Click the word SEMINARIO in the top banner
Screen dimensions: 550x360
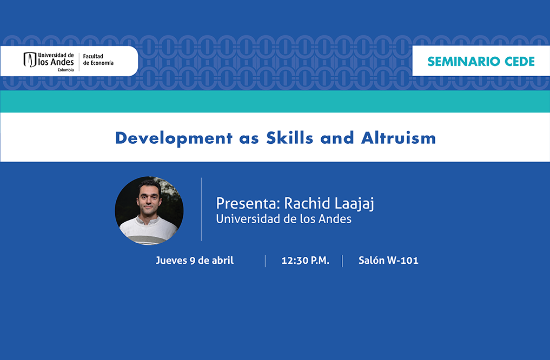(x=463, y=61)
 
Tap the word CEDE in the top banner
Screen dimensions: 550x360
(x=520, y=61)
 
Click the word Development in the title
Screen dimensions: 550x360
(x=174, y=138)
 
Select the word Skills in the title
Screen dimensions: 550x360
(x=289, y=138)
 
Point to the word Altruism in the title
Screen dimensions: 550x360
(x=399, y=138)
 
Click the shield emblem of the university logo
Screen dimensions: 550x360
(x=30, y=59)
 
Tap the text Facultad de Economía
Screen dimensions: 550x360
(x=98, y=59)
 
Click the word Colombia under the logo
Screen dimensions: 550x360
(x=65, y=70)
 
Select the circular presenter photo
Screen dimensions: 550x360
(x=149, y=210)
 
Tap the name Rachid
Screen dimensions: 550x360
(x=307, y=203)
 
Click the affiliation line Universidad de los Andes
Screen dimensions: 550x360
(x=283, y=219)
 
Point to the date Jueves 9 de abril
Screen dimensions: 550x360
(x=195, y=261)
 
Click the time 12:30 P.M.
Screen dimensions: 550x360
(x=305, y=261)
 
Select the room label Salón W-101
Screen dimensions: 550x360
(x=388, y=261)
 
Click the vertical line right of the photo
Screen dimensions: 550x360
(x=201, y=209)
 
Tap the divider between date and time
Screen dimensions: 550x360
(x=265, y=261)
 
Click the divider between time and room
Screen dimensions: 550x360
(x=342, y=261)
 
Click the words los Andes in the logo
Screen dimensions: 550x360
(x=56, y=62)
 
